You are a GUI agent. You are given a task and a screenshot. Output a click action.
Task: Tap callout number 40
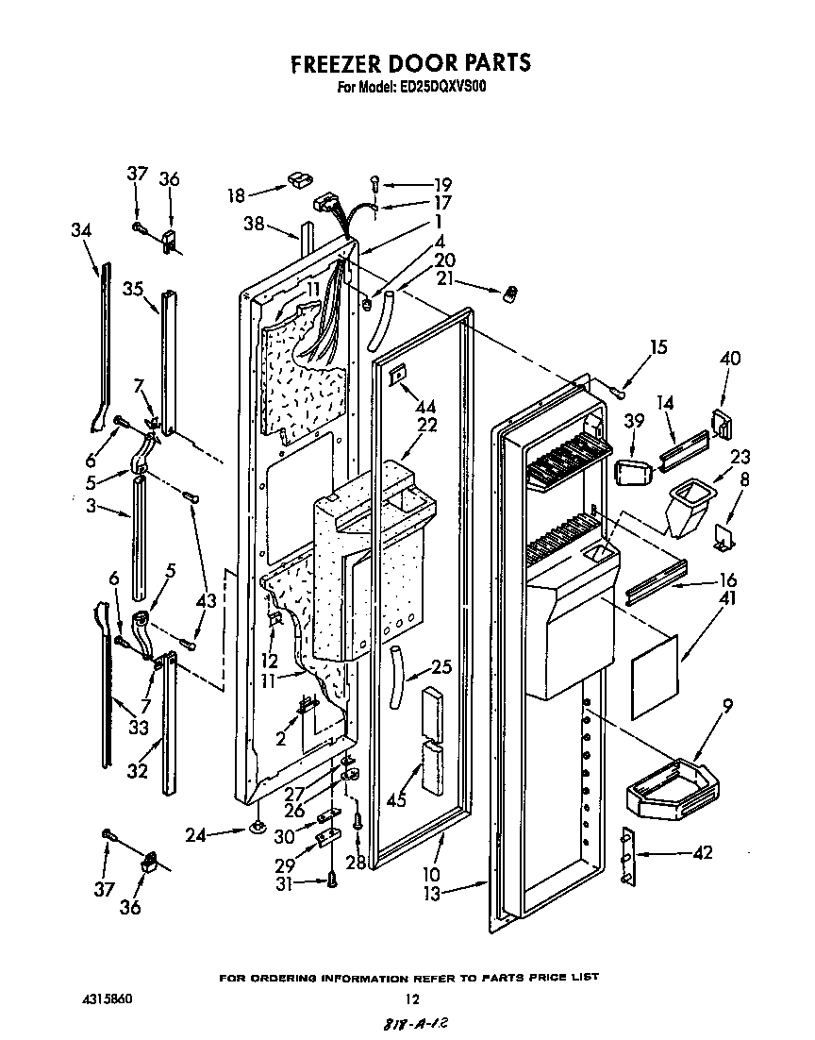[729, 359]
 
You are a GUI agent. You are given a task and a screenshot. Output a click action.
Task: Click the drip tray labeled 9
[673, 787]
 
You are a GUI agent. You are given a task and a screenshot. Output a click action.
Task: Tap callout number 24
[195, 833]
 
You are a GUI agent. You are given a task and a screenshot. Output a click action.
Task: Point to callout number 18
[236, 195]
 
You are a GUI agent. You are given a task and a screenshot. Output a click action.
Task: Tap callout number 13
[431, 894]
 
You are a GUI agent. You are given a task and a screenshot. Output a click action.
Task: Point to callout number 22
[426, 425]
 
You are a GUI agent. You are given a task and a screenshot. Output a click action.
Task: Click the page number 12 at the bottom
[410, 998]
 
